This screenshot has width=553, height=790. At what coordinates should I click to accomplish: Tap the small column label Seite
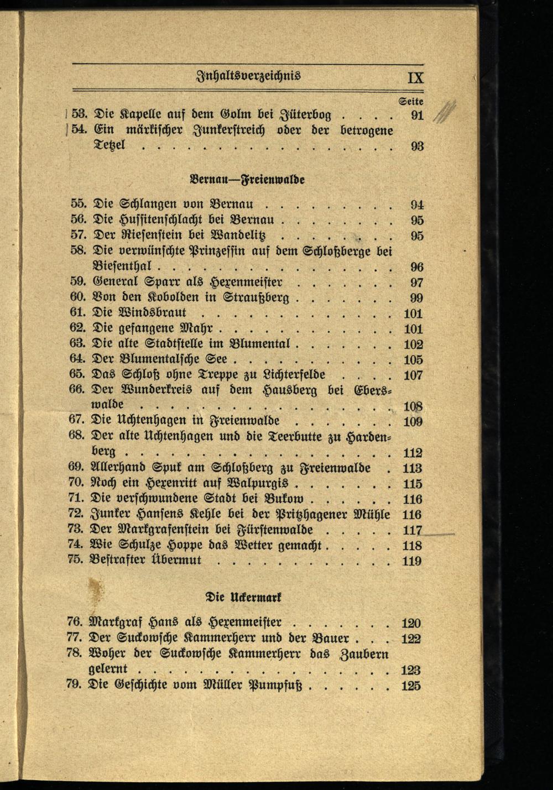411,102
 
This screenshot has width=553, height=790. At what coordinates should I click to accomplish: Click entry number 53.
81,116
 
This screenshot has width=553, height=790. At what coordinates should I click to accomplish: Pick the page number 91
417,117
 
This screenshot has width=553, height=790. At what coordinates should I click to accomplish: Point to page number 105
413,360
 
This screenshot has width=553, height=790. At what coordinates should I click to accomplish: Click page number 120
411,623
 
